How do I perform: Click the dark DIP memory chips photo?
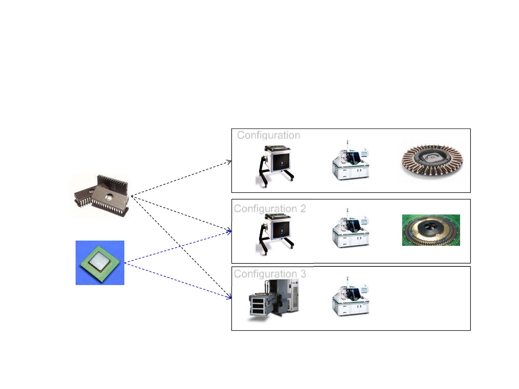pos(99,195)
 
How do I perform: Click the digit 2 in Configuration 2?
pos(303,209)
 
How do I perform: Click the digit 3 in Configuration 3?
pos(303,274)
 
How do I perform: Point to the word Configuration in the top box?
pos(269,135)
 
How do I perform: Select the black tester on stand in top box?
pos(275,166)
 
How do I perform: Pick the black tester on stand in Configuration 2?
pos(275,234)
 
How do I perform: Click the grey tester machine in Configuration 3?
pos(274,300)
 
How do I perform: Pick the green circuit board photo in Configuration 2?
pos(431,230)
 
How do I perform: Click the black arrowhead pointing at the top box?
pos(229,162)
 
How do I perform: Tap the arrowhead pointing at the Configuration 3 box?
pos(229,297)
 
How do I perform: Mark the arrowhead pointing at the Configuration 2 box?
pos(229,231)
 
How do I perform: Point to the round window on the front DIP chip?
pos(109,197)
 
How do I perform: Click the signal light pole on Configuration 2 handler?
pos(347,212)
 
